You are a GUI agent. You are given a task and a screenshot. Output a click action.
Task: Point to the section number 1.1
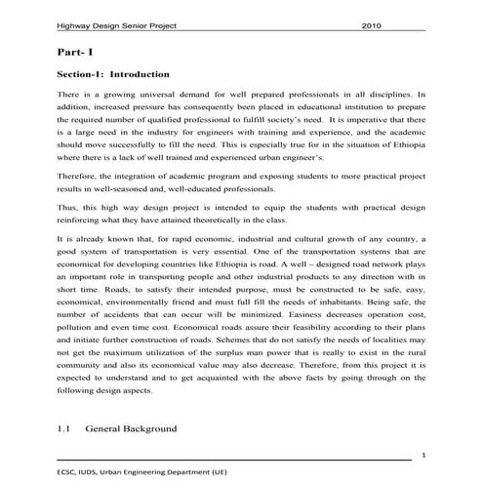pyautogui.click(x=65, y=427)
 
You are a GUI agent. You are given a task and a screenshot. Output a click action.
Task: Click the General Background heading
pyautogui.click(x=131, y=427)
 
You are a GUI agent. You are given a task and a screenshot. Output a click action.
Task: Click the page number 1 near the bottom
pyautogui.click(x=423, y=456)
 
